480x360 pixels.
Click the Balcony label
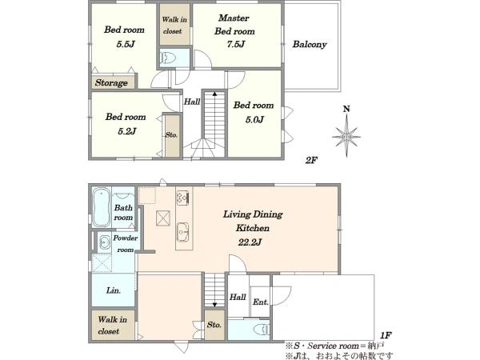310,44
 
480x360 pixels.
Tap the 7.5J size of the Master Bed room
236,44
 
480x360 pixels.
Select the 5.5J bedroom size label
126,44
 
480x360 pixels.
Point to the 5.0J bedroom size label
254,120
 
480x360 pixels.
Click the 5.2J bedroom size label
126,131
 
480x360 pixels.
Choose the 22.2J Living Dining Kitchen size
250,242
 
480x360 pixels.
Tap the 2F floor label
311,160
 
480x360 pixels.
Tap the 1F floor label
386,335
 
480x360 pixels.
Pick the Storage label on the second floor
111,82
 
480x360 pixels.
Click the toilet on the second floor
168,57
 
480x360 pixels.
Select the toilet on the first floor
262,330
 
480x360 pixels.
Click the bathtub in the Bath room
102,207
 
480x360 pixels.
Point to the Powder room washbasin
104,242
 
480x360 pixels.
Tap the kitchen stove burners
182,198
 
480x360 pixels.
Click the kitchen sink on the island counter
183,232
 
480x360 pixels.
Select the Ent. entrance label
261,302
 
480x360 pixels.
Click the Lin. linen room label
114,290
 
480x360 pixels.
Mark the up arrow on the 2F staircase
214,94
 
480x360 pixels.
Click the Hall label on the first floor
238,297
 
